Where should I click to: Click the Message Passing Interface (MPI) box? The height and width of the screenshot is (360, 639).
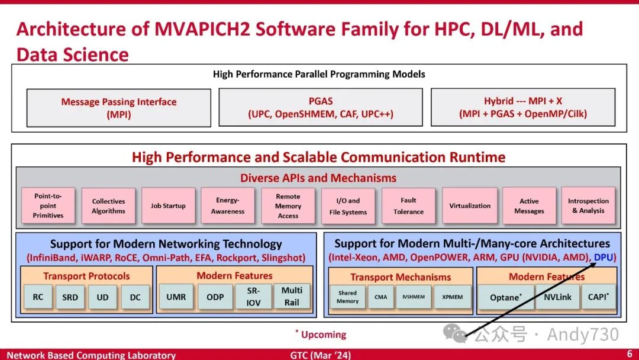[x=118, y=108]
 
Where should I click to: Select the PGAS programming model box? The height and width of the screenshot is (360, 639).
[x=321, y=107]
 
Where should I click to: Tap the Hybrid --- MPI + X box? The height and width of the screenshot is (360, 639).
[x=523, y=107]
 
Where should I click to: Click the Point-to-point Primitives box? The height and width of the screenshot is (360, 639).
[x=48, y=205]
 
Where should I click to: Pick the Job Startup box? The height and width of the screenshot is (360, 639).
[x=168, y=205]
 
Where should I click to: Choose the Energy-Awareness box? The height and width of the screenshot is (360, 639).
[x=228, y=205]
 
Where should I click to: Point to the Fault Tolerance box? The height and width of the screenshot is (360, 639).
[x=408, y=205]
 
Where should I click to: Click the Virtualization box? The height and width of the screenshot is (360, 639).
[x=470, y=205]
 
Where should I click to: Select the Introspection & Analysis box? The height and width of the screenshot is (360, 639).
[x=588, y=205]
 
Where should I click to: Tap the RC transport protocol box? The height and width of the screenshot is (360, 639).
[x=38, y=297]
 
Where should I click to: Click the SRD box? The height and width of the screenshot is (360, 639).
[x=70, y=297]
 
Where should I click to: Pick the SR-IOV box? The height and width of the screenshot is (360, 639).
[x=253, y=296]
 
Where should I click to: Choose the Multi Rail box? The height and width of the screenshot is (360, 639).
[x=292, y=296]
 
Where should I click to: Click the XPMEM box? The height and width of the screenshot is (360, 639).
[x=453, y=297]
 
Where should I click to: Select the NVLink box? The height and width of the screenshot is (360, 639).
[x=557, y=297]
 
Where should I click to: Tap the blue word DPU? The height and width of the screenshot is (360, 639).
[x=603, y=258]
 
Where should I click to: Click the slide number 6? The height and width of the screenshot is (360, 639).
[x=630, y=353]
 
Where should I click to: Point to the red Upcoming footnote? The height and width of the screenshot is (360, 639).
[x=323, y=335]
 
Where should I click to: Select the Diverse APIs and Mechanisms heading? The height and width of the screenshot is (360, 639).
[x=318, y=178]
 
